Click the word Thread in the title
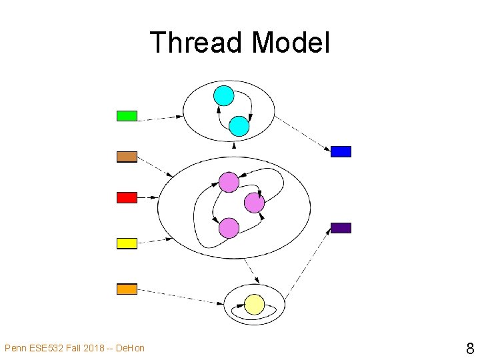[195, 43]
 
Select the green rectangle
[127, 116]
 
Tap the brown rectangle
[127, 157]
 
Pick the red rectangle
[127, 197]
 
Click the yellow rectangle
[127, 243]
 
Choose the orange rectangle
[127, 289]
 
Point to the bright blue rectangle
[341, 151]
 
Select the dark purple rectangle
[341, 227]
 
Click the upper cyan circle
[224, 96]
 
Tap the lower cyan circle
[239, 126]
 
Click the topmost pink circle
[229, 182]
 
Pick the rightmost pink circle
[254, 203]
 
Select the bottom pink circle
[229, 228]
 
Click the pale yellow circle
[254, 305]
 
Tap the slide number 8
[469, 348]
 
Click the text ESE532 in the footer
[44, 348]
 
